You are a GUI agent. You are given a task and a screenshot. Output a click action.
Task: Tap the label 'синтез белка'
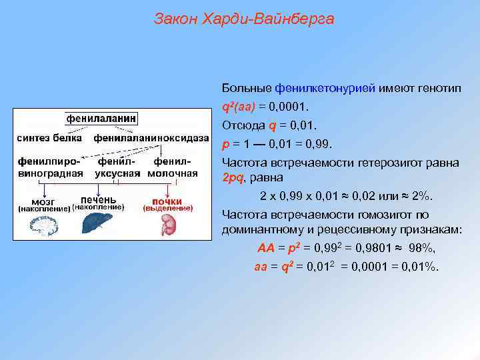click(x=49, y=138)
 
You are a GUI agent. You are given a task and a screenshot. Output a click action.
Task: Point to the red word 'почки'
click(x=167, y=201)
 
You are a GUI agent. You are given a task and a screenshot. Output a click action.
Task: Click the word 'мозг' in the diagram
click(x=44, y=201)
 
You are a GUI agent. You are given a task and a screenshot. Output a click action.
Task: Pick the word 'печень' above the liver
click(x=98, y=199)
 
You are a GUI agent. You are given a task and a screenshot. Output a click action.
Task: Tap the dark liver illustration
click(x=97, y=224)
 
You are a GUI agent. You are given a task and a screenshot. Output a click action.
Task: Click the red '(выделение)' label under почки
click(x=167, y=208)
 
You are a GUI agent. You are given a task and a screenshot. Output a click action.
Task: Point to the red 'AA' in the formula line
click(x=266, y=249)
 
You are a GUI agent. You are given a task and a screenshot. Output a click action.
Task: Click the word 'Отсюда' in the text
click(x=243, y=125)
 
